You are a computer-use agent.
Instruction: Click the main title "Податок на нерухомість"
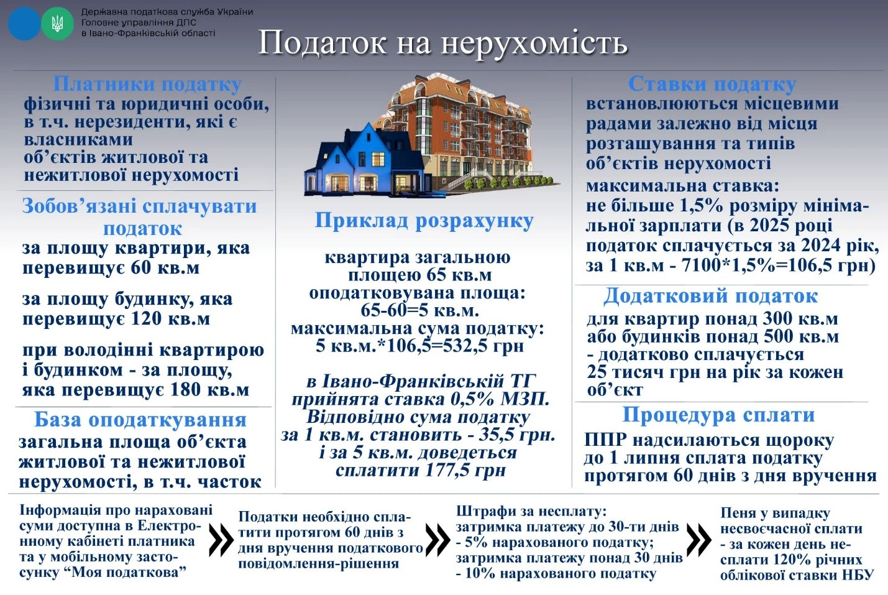pos(442,43)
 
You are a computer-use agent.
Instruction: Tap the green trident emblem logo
pos(57,24)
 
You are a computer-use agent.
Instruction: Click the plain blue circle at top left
pos(24,24)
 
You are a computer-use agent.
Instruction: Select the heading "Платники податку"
pos(147,84)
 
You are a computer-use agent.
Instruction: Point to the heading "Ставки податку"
pos(712,84)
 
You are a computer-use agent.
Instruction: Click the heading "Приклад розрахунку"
pos(424,221)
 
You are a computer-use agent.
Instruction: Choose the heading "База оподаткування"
pos(140,420)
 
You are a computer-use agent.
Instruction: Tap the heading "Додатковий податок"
pos(710,296)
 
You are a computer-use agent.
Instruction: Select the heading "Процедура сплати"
pos(718,415)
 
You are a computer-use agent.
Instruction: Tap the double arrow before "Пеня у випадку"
pos(698,540)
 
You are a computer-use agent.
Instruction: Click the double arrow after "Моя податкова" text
pos(221,540)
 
